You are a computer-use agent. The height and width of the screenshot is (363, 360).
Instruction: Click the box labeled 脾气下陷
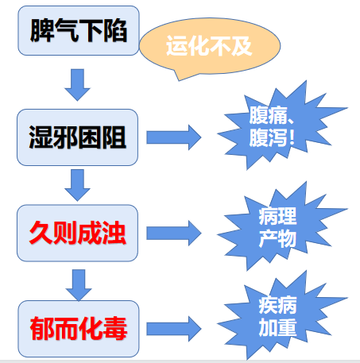tap(79, 31)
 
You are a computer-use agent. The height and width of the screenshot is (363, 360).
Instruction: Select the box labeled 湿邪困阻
tap(77, 137)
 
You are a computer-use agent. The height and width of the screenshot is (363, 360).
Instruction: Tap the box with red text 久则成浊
tap(77, 233)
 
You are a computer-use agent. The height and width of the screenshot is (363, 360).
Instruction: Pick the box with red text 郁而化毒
tap(79, 329)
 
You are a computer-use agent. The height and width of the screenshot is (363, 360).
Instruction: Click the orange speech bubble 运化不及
tap(209, 47)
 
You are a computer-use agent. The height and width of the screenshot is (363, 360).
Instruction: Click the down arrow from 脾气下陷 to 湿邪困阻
tap(77, 85)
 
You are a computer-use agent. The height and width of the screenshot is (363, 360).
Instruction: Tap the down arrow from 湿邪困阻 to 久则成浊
tap(77, 185)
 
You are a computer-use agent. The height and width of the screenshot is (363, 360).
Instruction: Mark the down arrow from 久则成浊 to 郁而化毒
tap(79, 285)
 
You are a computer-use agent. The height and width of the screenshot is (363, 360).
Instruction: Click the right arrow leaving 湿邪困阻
tap(174, 137)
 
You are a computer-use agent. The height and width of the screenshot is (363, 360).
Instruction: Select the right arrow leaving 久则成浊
tap(174, 233)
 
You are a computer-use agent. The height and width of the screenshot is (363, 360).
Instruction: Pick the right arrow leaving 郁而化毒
tap(174, 329)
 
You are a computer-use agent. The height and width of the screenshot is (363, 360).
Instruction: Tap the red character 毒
tap(115, 329)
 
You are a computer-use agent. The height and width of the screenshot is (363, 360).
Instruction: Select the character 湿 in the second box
tap(41, 137)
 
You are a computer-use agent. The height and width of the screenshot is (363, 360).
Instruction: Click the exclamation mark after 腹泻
tap(292, 137)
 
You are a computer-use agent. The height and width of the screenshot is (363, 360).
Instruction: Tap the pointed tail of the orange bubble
tap(179, 79)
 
